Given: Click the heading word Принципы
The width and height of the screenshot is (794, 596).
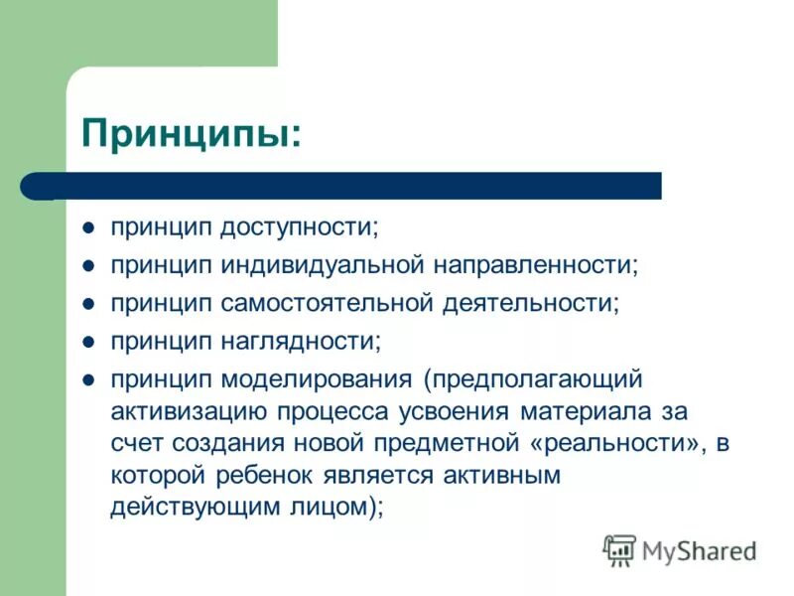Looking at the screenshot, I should [190, 131].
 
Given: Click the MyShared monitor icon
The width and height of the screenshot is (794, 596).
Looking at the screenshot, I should [619, 549].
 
